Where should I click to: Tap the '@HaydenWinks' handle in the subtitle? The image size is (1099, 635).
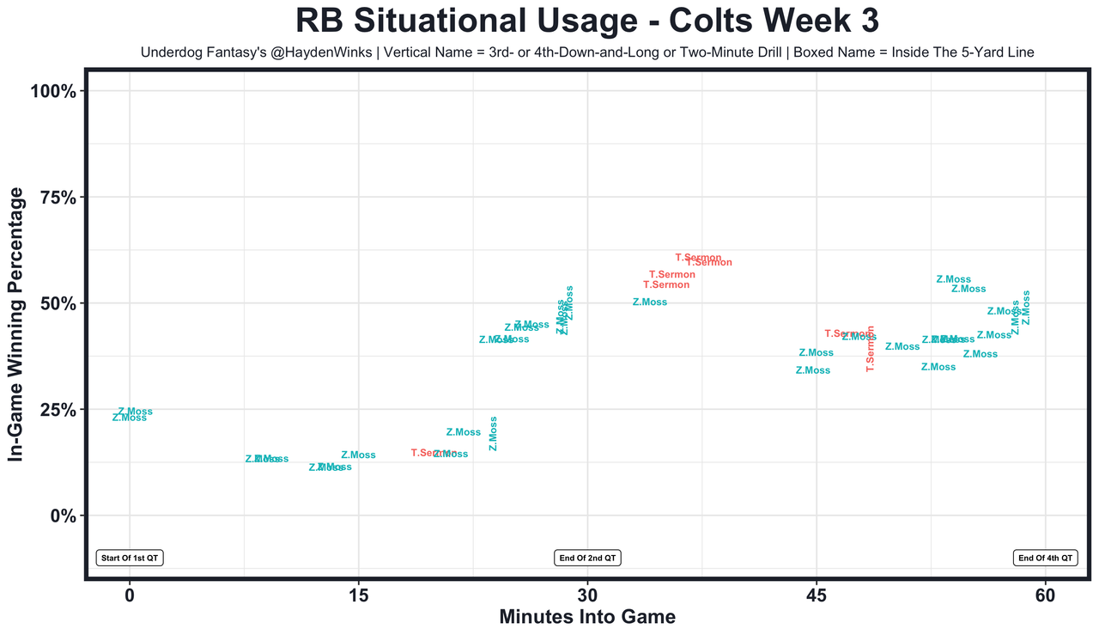click(329, 53)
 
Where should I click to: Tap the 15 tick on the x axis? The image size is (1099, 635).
click(358, 595)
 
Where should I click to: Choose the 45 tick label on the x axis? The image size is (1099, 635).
click(817, 595)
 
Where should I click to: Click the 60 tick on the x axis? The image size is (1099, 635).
click(1045, 595)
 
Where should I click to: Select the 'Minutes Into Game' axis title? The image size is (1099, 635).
click(586, 617)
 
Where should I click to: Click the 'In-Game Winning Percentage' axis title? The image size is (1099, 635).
click(16, 325)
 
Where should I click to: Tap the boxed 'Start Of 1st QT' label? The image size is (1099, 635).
click(130, 558)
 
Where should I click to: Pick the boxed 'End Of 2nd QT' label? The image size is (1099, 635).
click(587, 558)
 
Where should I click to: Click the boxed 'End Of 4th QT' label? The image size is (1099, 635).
click(1045, 558)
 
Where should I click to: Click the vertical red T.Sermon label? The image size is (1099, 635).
click(870, 348)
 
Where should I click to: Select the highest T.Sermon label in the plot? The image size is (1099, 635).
click(698, 258)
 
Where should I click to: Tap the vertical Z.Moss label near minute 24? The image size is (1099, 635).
click(493, 434)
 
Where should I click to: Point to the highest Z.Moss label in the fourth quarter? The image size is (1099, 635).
click(953, 279)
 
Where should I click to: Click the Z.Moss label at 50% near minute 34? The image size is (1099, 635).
click(649, 302)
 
